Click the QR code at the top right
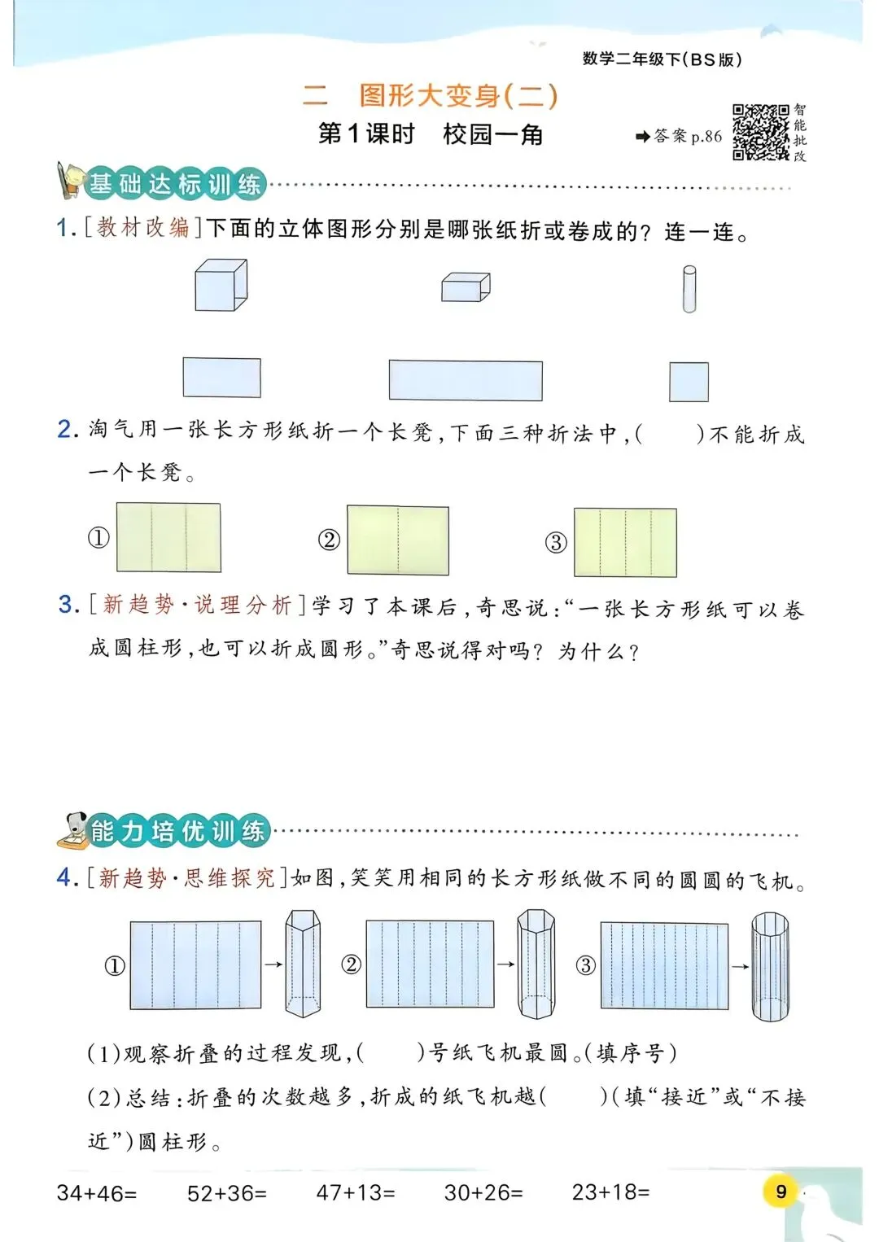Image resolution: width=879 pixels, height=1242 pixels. (x=760, y=132)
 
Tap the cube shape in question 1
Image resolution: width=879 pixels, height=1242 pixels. (x=221, y=286)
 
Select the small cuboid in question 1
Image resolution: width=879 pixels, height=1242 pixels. (x=466, y=287)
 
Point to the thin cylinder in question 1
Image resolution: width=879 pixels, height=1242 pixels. (x=689, y=289)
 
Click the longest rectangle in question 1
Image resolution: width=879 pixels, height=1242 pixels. (x=466, y=380)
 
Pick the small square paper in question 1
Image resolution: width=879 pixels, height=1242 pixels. (x=689, y=382)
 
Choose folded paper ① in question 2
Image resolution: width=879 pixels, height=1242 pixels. (x=168, y=537)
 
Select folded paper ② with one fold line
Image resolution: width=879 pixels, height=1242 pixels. (x=398, y=540)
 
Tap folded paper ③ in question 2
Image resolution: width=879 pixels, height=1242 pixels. (x=625, y=542)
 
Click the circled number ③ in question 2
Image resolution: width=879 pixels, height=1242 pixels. (x=556, y=543)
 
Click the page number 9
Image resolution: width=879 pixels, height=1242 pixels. (x=781, y=1192)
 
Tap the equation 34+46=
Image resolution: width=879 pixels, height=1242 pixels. (x=97, y=1193)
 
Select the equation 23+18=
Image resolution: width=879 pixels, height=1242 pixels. (x=610, y=1192)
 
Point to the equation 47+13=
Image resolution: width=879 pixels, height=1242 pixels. (x=356, y=1193)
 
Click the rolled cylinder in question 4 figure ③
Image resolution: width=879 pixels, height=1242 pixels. (x=769, y=966)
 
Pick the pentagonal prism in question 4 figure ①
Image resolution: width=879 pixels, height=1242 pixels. (x=303, y=964)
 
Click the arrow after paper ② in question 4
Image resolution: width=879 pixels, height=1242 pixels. (x=505, y=964)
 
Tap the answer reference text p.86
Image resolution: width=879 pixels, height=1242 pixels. (x=706, y=137)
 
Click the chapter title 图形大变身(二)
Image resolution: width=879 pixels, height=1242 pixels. (x=458, y=96)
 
